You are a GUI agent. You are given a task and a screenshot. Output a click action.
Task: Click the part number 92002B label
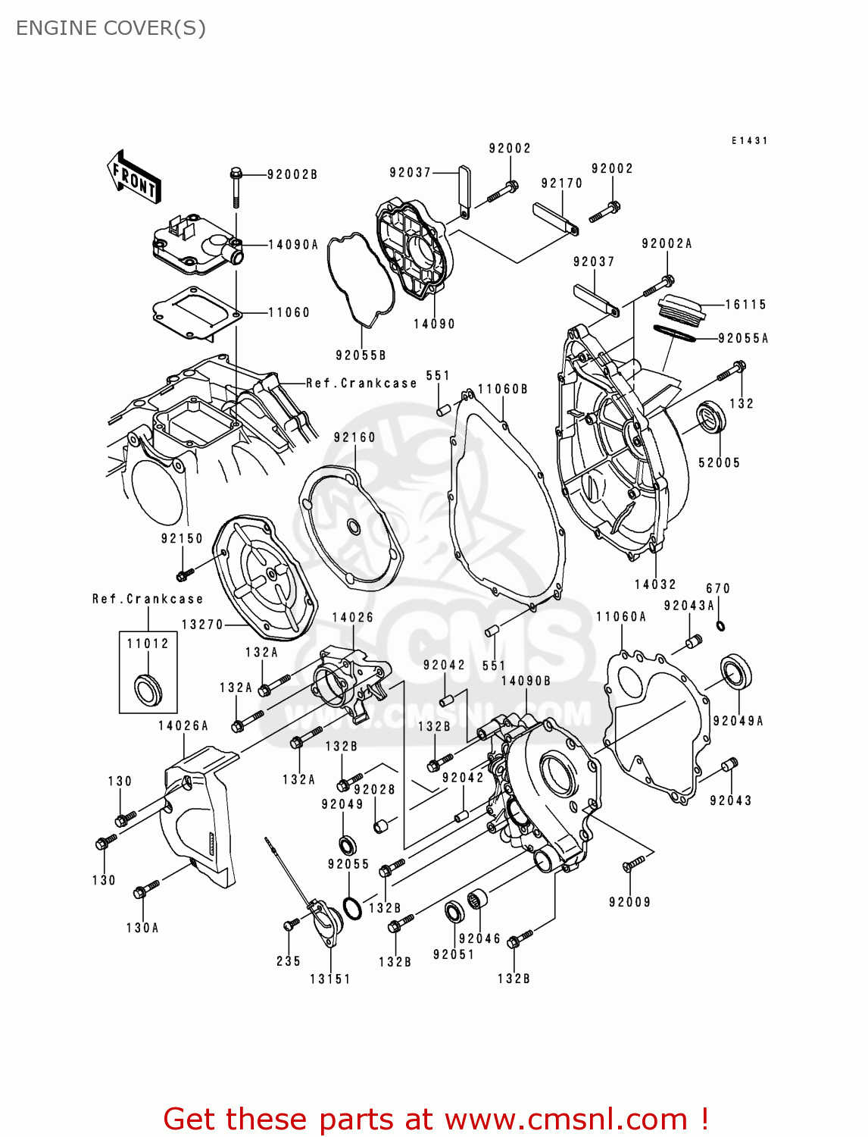coord(292,174)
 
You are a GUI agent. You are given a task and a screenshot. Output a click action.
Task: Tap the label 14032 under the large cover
coord(655,584)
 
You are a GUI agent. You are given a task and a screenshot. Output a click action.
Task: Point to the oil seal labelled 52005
coord(711,419)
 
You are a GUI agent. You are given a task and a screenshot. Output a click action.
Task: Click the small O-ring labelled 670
coord(720,625)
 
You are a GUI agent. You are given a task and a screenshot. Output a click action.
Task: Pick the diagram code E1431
coord(749,141)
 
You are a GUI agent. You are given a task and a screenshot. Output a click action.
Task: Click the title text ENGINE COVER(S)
coord(111,28)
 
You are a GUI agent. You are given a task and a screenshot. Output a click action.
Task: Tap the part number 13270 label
coord(202,625)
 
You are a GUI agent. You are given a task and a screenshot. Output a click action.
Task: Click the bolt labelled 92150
coord(184,573)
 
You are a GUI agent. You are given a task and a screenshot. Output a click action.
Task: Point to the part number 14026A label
coord(183,725)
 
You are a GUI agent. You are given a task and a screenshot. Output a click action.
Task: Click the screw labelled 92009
coord(633,863)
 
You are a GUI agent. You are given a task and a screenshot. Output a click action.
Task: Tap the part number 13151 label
coord(330,979)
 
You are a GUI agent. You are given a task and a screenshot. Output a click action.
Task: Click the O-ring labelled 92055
coord(351,907)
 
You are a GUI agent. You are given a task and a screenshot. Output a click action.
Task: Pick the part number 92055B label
coord(361,355)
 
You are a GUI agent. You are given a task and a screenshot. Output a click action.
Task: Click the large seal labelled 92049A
coord(735,672)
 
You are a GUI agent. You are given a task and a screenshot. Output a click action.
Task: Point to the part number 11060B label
coord(503,389)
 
